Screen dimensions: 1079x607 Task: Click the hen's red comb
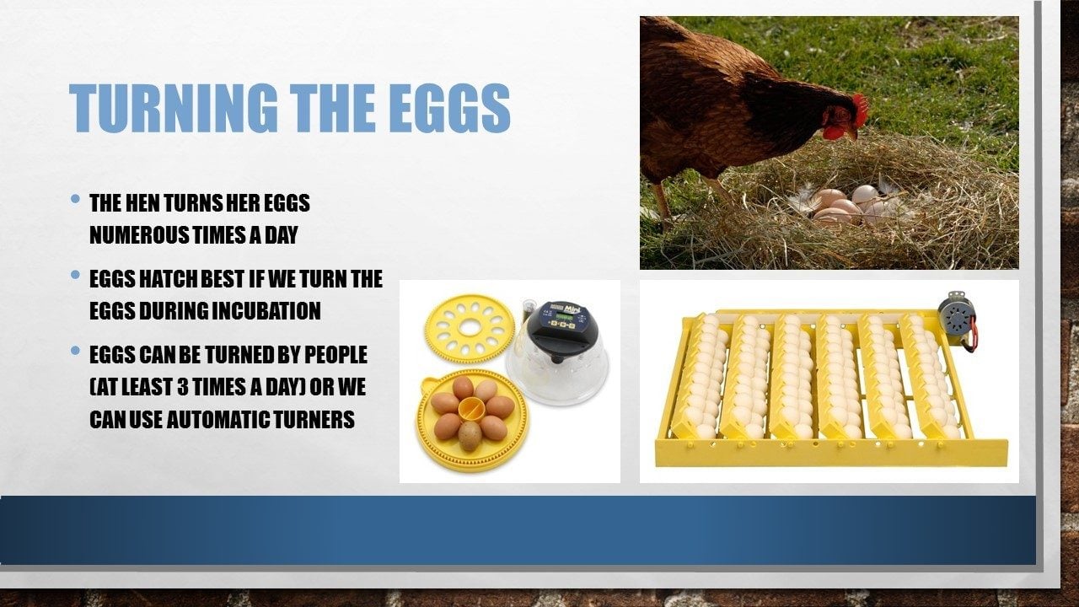[x=861, y=109]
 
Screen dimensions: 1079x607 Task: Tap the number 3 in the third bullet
[x=183, y=386]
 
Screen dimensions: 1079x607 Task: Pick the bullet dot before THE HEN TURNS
[x=75, y=198]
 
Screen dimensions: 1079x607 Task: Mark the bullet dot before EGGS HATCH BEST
[x=75, y=275]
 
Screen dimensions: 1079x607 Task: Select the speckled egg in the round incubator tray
[x=470, y=436]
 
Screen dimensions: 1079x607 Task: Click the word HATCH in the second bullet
[x=167, y=279]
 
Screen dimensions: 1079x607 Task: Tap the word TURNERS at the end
[x=308, y=419]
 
